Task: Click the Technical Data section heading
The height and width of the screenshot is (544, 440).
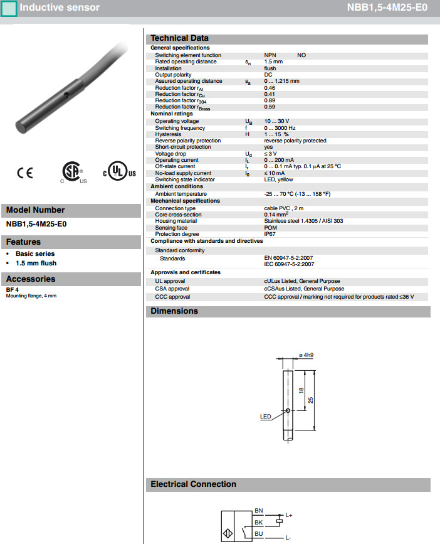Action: click(179, 38)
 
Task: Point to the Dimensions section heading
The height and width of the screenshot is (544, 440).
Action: click(174, 311)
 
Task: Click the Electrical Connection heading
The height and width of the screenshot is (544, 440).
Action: click(194, 484)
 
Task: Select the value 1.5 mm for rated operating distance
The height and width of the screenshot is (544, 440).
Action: click(273, 61)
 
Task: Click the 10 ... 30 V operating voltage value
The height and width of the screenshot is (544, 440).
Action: click(276, 121)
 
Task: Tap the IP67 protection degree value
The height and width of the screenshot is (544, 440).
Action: click(270, 234)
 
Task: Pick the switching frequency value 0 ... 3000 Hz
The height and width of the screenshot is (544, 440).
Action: click(280, 128)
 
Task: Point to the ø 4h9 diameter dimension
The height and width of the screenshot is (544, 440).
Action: click(306, 355)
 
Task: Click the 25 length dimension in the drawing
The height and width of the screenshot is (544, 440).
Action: click(310, 400)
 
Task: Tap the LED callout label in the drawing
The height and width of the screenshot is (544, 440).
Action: click(265, 416)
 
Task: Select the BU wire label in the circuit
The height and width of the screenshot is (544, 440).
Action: click(259, 534)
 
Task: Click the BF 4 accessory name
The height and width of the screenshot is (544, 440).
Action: click(13, 289)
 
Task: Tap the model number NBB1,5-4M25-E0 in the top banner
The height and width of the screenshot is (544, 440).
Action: click(387, 8)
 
